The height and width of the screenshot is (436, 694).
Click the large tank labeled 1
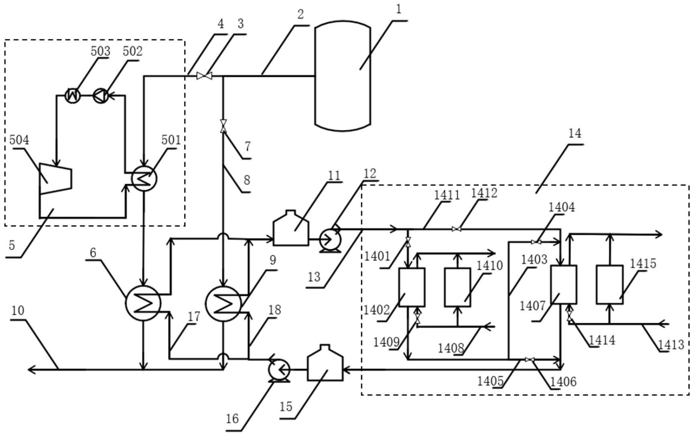point(343,76)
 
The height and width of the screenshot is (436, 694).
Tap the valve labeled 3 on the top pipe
point(204,75)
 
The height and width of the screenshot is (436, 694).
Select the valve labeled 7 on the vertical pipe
point(223,126)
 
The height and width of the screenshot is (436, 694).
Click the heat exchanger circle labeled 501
point(144,179)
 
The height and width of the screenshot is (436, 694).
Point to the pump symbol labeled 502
point(100,96)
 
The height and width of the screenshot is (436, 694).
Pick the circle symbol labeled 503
point(73,96)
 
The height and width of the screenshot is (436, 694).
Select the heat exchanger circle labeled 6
point(143,303)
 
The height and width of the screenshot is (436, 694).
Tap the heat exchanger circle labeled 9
point(223,303)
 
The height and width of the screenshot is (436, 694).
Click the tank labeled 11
point(291,229)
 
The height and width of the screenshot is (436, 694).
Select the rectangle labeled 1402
point(412,287)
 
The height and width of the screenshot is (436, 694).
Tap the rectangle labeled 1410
point(457,287)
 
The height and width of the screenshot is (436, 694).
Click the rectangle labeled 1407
point(564,284)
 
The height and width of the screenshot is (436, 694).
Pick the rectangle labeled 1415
point(609,284)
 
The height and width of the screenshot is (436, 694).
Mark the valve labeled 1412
point(457,229)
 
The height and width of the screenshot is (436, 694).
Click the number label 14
point(574,133)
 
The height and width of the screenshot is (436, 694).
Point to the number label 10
point(18,311)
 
